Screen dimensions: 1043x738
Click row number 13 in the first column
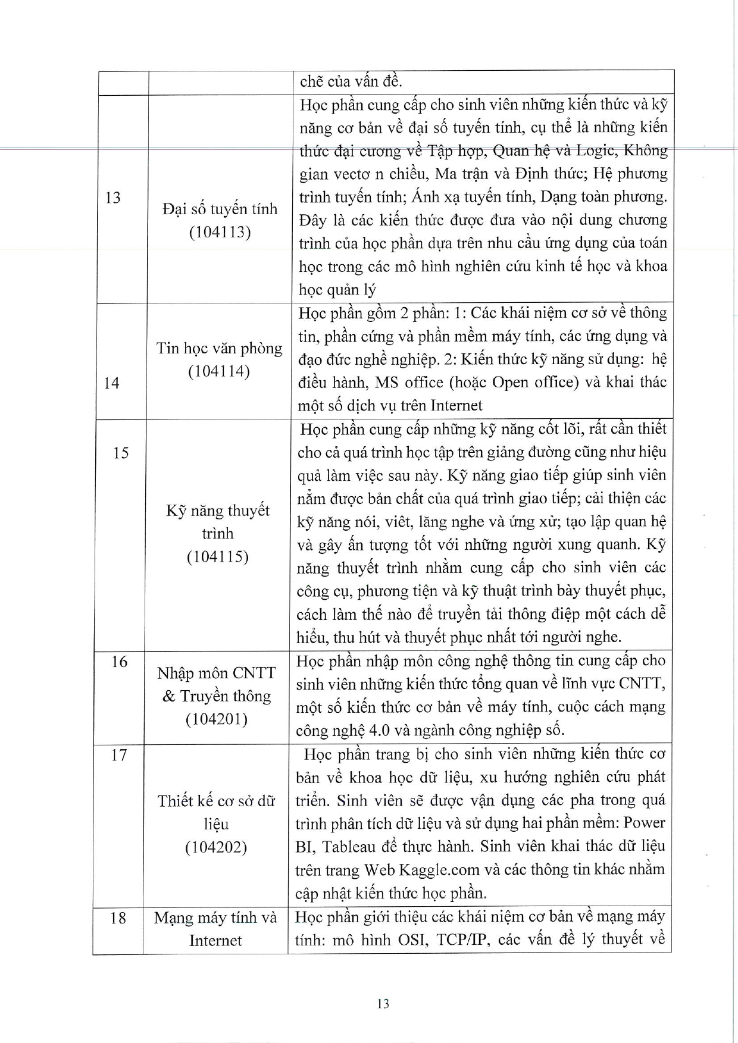tap(113, 198)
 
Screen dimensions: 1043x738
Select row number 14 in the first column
tap(111, 383)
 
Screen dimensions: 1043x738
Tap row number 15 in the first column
tap(120, 453)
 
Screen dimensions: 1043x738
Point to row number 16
tap(120, 662)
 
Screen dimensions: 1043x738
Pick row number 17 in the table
tap(120, 755)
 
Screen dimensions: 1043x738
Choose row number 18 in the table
tap(118, 918)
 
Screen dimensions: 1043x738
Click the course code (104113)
tap(220, 232)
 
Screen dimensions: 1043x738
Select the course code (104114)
tap(219, 372)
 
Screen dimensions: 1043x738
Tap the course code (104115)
tap(217, 557)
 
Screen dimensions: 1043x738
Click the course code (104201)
tap(216, 719)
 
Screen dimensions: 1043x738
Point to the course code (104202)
tap(215, 847)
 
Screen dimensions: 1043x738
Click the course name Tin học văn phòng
tap(219, 348)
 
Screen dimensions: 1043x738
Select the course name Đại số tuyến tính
tap(220, 209)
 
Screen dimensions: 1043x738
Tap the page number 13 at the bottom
tap(383, 1004)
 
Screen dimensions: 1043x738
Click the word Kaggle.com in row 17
tap(439, 870)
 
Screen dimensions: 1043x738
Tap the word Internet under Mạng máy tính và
tap(215, 941)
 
